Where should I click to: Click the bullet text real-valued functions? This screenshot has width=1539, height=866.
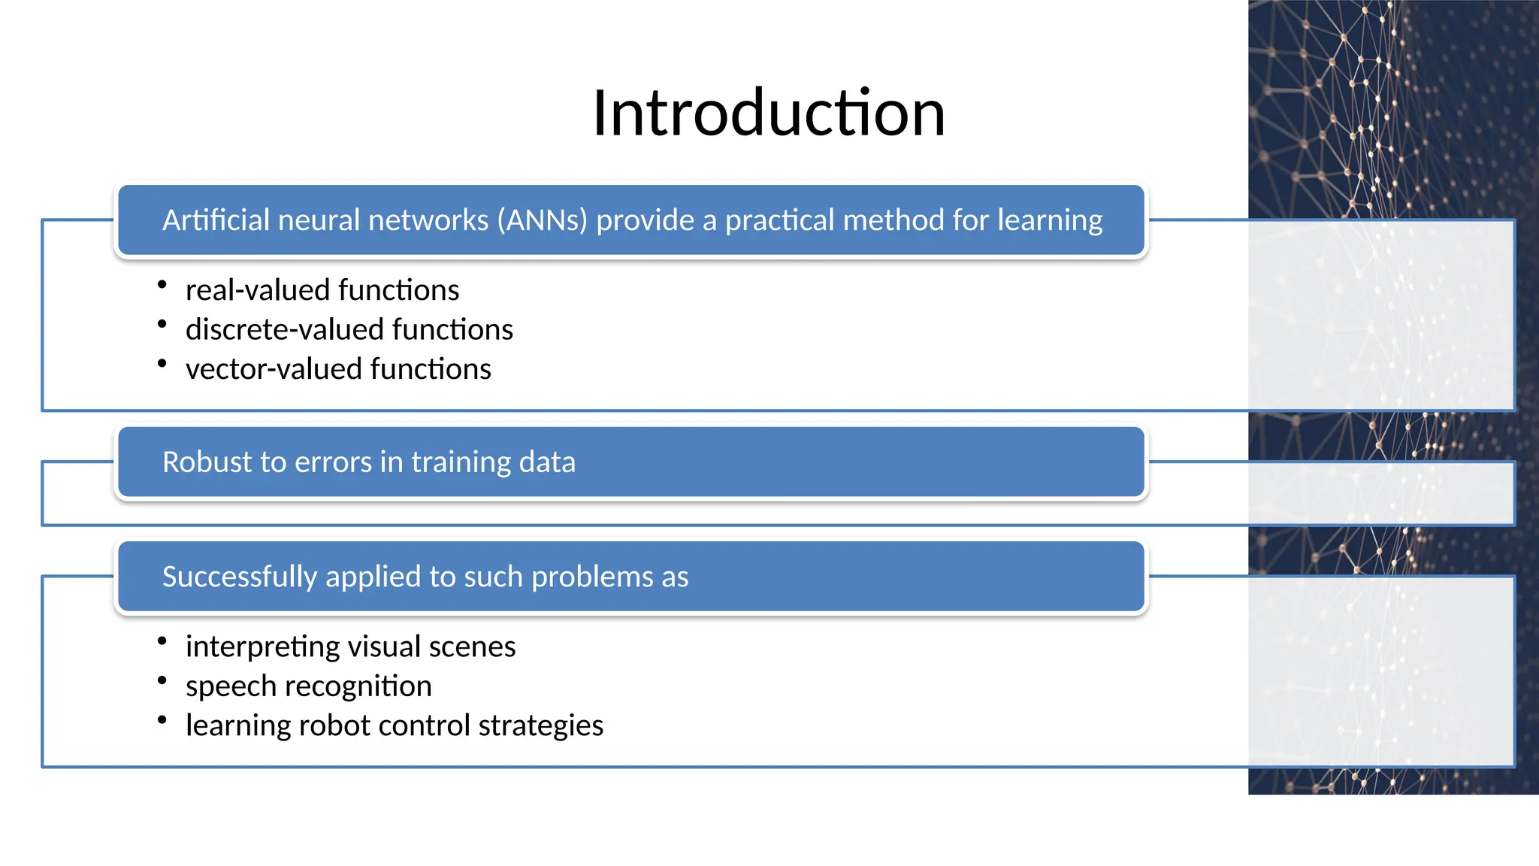(322, 290)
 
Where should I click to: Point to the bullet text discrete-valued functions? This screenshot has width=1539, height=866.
(349, 330)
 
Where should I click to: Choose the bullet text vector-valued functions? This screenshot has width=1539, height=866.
(338, 369)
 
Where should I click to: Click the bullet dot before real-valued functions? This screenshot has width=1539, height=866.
(162, 284)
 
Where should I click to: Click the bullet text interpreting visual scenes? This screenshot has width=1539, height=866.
(350, 646)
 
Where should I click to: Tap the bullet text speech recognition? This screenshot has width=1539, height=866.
(308, 686)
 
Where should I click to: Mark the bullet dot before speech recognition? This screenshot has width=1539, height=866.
(162, 680)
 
